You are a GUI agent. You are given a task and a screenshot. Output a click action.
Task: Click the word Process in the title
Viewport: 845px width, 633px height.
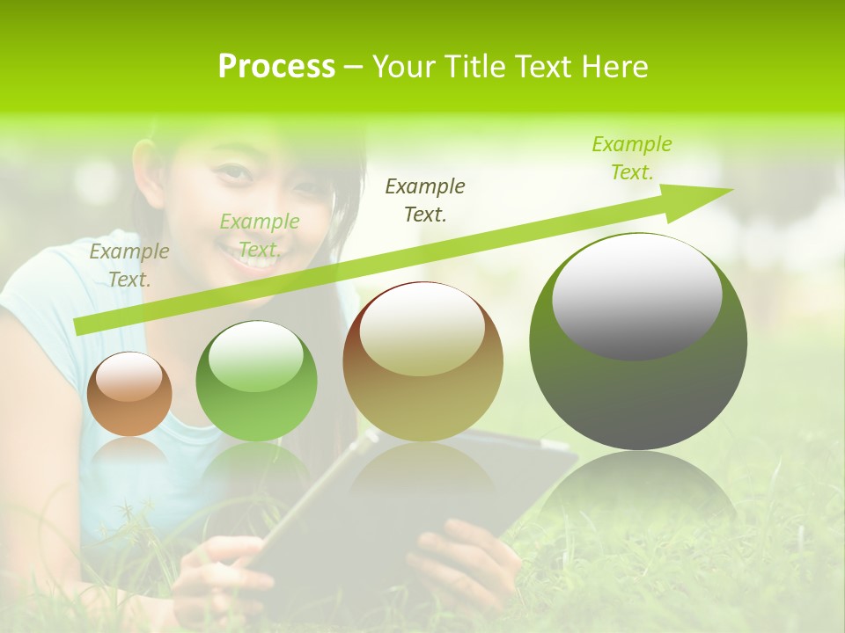[x=276, y=67]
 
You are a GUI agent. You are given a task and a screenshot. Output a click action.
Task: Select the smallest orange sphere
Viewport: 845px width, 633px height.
[x=129, y=395]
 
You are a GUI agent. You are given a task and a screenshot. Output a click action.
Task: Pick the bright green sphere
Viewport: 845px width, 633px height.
[x=256, y=382]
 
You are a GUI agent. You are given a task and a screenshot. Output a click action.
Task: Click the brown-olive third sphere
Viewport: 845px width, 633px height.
[x=422, y=361]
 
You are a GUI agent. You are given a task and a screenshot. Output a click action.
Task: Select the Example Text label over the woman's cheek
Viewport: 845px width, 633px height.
[x=259, y=236]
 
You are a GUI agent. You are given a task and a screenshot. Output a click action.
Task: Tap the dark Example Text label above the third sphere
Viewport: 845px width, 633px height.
[x=425, y=200]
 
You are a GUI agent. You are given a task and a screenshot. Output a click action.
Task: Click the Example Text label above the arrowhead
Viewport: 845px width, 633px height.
[x=632, y=158]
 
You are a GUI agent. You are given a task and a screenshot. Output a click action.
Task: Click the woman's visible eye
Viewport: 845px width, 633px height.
[x=231, y=171]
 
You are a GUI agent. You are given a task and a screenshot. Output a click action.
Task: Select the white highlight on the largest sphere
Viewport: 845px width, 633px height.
[x=636, y=295]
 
